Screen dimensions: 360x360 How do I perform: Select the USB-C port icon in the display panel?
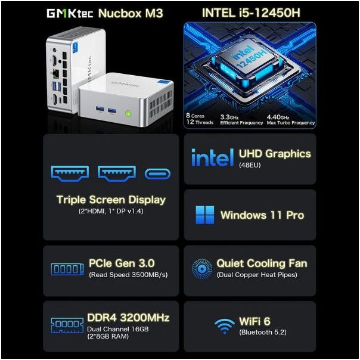(x=157, y=173)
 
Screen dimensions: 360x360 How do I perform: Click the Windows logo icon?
(x=204, y=215)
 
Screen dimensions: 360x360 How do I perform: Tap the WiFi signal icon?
(x=224, y=325)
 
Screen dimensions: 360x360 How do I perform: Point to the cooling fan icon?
(x=202, y=268)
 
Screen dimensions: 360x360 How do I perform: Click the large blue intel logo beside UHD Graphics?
(x=212, y=158)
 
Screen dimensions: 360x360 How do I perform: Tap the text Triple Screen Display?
(x=111, y=200)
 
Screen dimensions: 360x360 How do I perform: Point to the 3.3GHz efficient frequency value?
(x=229, y=117)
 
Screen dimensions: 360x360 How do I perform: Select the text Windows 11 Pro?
(x=262, y=215)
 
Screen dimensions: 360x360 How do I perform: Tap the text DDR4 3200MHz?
(x=129, y=318)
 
